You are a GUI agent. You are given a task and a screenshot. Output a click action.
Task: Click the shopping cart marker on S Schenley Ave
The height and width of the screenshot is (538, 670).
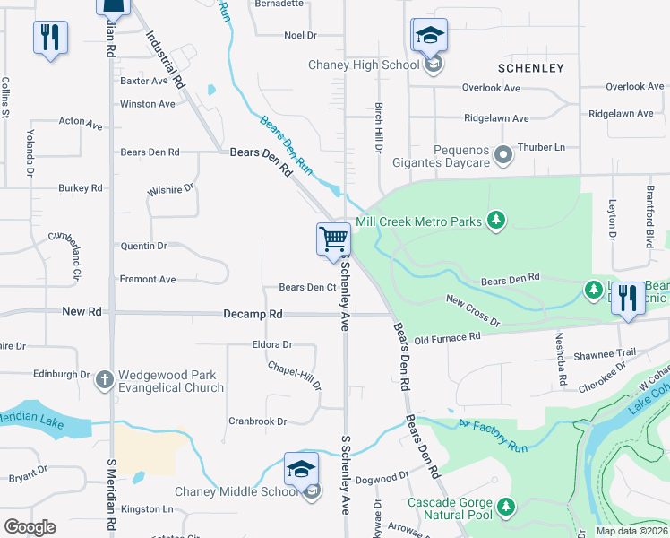(333, 239)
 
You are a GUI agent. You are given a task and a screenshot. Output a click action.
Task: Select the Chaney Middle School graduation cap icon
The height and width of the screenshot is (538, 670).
(301, 470)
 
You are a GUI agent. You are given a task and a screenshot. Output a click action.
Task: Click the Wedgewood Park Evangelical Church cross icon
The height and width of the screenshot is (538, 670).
(105, 377)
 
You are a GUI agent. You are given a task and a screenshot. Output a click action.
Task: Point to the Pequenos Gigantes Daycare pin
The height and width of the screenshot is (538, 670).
(503, 155)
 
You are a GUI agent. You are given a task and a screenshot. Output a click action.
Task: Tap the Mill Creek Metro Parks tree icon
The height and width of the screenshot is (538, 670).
(495, 221)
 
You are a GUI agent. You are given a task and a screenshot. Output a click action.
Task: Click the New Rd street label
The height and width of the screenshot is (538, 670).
(82, 311)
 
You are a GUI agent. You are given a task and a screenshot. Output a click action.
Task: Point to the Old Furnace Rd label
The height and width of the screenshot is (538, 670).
(448, 338)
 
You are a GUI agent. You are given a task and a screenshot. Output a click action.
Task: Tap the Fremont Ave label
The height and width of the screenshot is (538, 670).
(148, 280)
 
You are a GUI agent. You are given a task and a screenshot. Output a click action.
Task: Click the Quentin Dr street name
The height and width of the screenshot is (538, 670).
(143, 246)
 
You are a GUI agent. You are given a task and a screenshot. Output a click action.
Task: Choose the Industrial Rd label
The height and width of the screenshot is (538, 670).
(167, 59)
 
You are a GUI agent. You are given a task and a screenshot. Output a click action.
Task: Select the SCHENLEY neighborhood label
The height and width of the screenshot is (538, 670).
(531, 68)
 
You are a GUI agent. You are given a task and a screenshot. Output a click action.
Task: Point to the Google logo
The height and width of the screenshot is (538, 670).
(30, 527)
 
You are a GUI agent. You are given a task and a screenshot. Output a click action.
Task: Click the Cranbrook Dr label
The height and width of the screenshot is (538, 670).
(257, 421)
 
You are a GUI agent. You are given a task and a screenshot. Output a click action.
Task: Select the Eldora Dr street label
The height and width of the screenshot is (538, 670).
(272, 344)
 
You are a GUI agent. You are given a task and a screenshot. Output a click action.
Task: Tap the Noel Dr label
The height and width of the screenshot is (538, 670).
(300, 35)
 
